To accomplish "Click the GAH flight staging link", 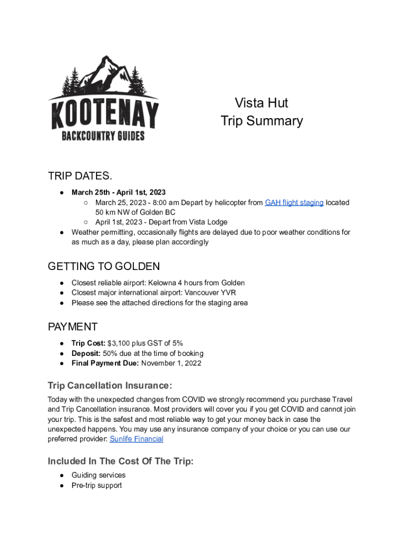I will coord(294,202).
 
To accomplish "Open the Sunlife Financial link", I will coord(136,439).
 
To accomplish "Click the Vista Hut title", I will coord(262,103).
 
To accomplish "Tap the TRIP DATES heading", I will coord(80,176).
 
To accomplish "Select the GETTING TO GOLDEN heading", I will coord(104,266).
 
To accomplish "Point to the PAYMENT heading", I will coord(73,327).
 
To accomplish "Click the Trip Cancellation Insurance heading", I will coord(110,385).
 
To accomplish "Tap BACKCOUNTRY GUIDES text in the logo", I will coord(103,136).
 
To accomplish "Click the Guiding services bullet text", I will coord(99,475).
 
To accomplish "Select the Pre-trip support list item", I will coord(96,485).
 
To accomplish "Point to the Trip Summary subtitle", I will coord(262,121).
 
